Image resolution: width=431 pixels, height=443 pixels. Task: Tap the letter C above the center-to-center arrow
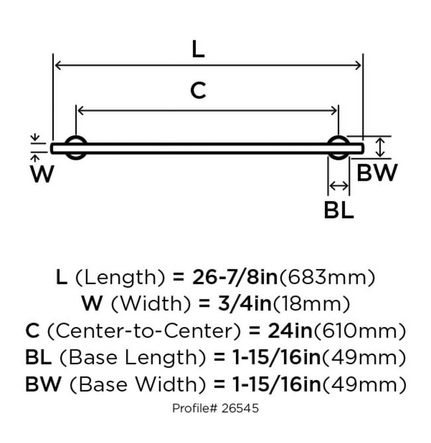198,91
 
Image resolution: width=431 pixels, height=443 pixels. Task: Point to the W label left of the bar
42,174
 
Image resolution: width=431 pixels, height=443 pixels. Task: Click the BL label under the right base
339,211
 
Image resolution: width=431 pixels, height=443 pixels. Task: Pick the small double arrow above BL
339,186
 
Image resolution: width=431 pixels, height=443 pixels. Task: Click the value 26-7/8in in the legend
235,278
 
